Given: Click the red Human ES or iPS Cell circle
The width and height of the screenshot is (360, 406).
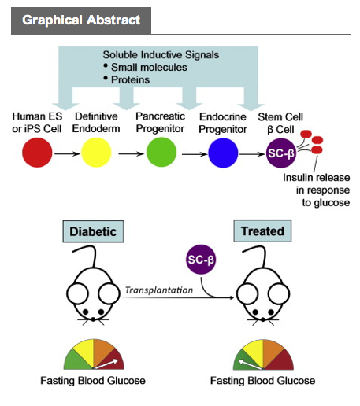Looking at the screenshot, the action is (x=37, y=153).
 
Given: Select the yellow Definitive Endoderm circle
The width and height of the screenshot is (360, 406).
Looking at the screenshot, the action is (x=96, y=153).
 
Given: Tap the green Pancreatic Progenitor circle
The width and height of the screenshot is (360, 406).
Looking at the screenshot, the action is (x=161, y=152).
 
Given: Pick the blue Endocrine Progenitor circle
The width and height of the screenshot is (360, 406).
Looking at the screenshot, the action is (x=223, y=153).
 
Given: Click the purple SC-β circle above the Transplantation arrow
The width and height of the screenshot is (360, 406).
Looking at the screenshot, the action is (x=201, y=260).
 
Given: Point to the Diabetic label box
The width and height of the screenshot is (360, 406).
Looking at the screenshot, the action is (x=93, y=231).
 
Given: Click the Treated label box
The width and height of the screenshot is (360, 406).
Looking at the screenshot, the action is (x=262, y=231).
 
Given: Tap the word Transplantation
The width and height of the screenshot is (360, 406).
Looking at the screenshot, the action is (x=159, y=290).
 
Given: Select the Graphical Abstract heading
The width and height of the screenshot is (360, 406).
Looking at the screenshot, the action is (x=81, y=20).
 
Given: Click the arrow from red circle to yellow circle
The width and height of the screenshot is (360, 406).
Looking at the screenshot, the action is (x=67, y=153).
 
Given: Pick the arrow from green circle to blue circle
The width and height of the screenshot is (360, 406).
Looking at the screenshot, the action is (x=195, y=154).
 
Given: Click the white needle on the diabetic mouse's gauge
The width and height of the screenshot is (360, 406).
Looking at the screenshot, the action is (x=106, y=364).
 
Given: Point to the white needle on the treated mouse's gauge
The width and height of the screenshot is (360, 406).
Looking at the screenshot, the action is (x=250, y=364).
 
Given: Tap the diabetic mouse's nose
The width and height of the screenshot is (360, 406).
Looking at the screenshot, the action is (x=93, y=319).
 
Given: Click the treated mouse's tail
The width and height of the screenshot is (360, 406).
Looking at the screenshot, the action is (x=255, y=255).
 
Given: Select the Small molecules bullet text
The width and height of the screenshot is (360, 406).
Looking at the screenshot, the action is (x=149, y=68).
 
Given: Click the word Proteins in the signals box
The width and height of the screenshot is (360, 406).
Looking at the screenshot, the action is (x=130, y=79).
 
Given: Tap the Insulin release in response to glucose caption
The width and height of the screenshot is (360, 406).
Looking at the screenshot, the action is (x=317, y=190).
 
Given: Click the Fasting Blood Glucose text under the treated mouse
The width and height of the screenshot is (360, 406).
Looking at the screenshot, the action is (x=263, y=381).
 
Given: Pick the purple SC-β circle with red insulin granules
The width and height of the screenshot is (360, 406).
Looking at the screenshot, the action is (x=281, y=153).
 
